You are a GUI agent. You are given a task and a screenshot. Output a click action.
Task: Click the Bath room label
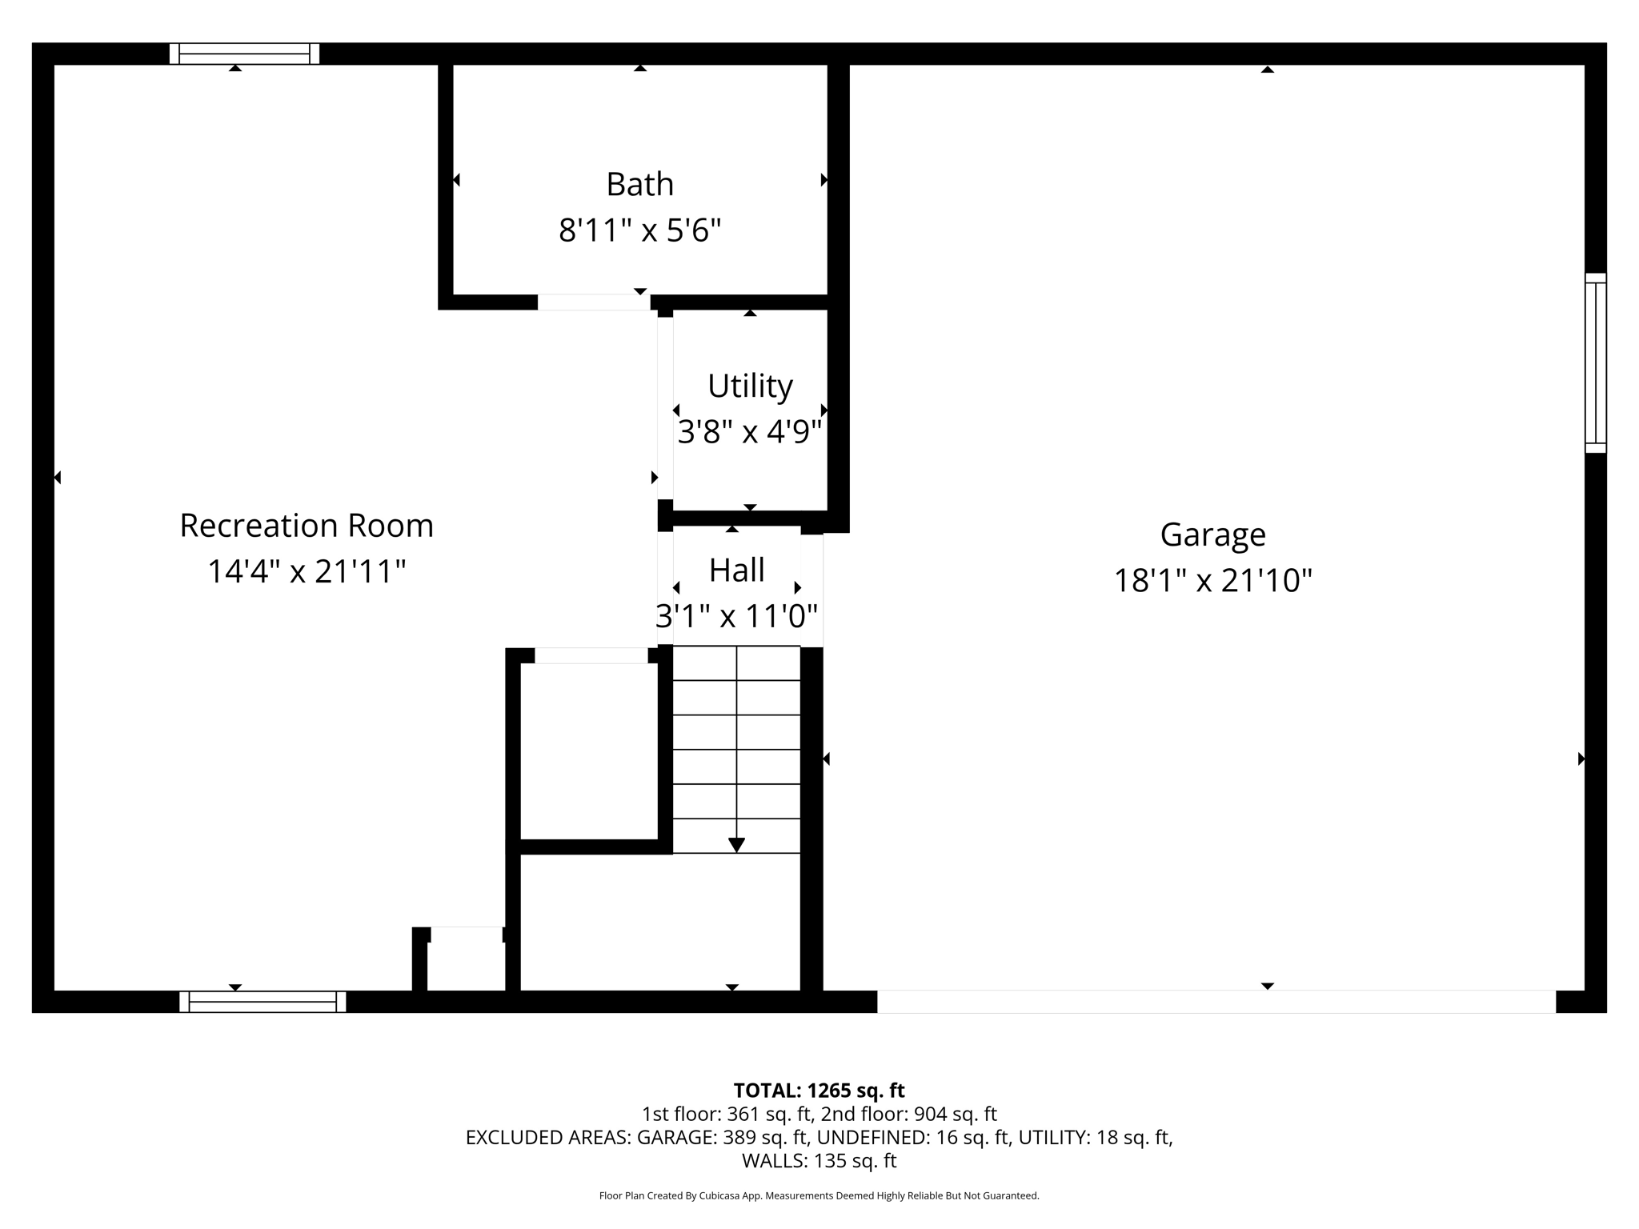pos(639,184)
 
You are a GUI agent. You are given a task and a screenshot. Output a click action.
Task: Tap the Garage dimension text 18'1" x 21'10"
pos(1212,580)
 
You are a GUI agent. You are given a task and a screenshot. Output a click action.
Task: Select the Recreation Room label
pos(307,526)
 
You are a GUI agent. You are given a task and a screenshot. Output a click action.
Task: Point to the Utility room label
pos(750,386)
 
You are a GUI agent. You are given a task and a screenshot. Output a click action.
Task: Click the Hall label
pos(736,570)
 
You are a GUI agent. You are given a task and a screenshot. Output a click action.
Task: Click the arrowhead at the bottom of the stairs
pos(736,845)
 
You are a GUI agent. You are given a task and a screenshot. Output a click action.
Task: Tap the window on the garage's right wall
pos(1596,363)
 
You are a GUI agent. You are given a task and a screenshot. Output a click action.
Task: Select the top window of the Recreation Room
pos(244,54)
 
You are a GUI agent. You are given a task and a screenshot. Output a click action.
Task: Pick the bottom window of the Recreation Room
pos(262,1002)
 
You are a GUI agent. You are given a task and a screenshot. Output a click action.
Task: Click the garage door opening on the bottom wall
pos(1216,1002)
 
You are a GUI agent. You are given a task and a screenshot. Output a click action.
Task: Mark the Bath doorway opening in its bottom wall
pos(594,302)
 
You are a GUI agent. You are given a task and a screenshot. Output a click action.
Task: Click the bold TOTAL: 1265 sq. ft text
pos(819,1091)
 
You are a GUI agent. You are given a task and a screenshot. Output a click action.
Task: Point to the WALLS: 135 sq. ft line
pos(819,1160)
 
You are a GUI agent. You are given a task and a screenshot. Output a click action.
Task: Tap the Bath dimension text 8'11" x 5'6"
pos(639,230)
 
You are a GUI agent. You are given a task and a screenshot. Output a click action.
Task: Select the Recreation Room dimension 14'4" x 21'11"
pos(307,571)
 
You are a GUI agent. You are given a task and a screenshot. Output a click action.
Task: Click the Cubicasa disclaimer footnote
pos(819,1195)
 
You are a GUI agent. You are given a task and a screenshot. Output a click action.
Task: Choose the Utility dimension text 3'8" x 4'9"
pos(750,432)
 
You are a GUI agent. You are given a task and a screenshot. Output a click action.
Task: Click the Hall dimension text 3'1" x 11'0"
pos(736,616)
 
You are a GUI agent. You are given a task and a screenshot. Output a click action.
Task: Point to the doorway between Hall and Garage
pos(811,590)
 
